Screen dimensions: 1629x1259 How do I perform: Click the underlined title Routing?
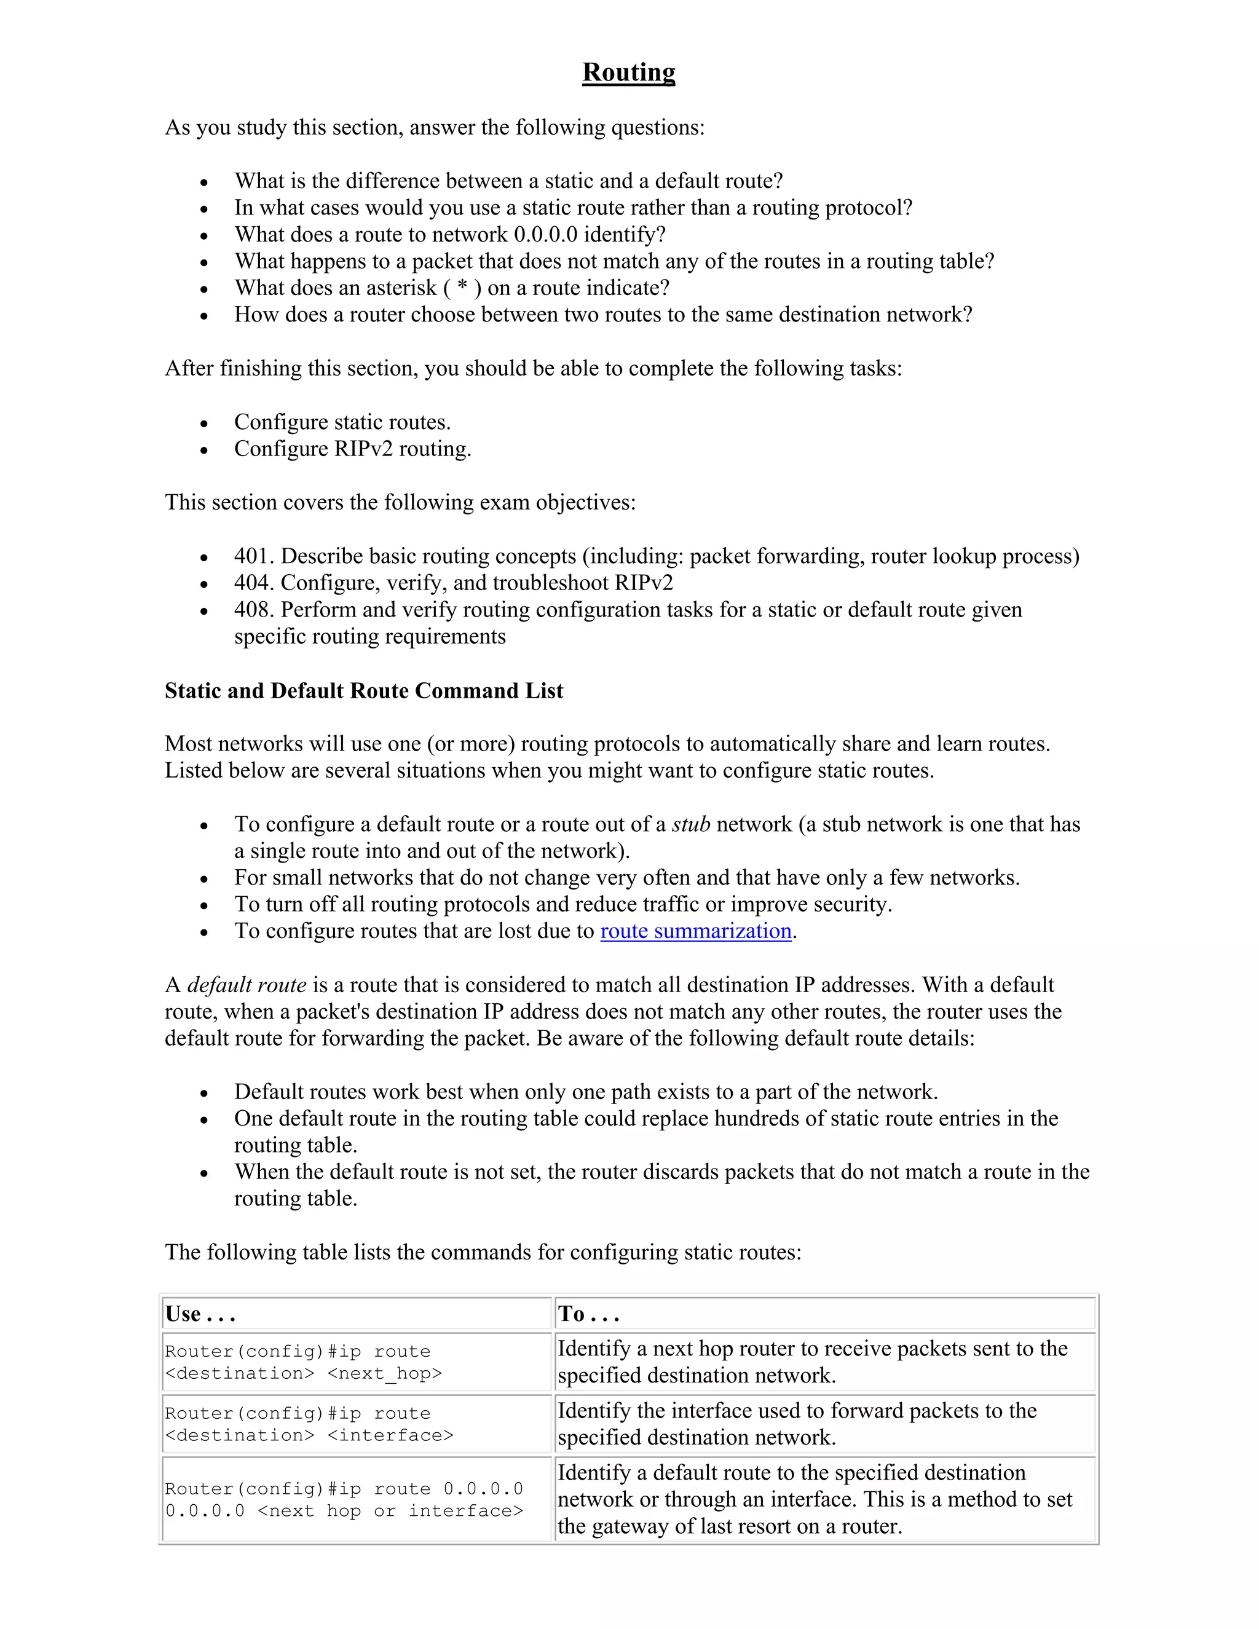(628, 73)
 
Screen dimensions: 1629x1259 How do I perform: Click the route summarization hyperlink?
(695, 931)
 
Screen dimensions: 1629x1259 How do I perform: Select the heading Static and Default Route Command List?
(364, 691)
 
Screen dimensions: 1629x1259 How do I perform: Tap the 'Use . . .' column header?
(200, 1314)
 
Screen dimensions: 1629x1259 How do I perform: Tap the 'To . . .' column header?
(588, 1314)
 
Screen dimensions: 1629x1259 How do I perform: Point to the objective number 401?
(252, 556)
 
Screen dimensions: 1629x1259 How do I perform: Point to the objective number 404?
(252, 583)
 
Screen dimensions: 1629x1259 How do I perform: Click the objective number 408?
(252, 610)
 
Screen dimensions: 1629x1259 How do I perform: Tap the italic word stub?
(690, 824)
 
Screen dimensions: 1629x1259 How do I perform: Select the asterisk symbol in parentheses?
(462, 288)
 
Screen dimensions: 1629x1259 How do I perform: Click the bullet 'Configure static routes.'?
(342, 422)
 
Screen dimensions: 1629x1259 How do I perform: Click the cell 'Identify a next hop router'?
(811, 1362)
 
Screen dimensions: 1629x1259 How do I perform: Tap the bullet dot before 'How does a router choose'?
(203, 316)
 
